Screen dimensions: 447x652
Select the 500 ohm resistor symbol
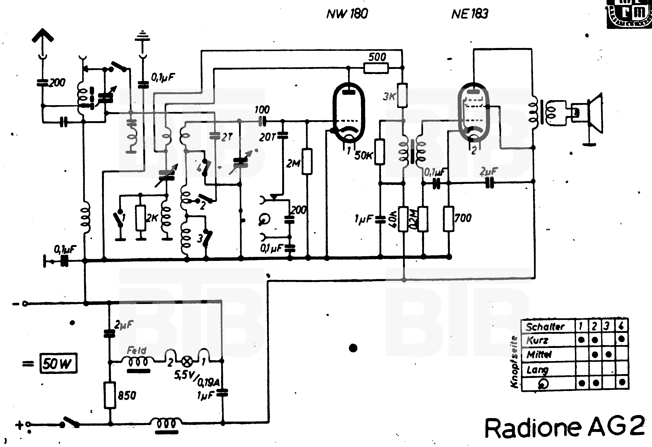pyautogui.click(x=376, y=68)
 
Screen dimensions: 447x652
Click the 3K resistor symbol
pyautogui.click(x=402, y=95)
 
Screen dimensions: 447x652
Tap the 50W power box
pyautogui.click(x=58, y=363)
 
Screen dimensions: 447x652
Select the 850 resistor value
pyautogui.click(x=127, y=395)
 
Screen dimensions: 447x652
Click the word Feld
pyautogui.click(x=137, y=350)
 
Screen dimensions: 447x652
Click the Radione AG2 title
pyautogui.click(x=564, y=428)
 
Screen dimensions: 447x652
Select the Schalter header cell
pyautogui.click(x=545, y=327)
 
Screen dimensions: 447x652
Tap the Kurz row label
pyautogui.click(x=537, y=340)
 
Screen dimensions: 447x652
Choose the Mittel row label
pyautogui.click(x=539, y=355)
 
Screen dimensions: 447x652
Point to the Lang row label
pyautogui.click(x=537, y=370)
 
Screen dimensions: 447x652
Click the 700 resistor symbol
pyautogui.click(x=448, y=219)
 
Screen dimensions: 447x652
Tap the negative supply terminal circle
pyautogui.click(x=25, y=304)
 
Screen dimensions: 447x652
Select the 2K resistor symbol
pyautogui.click(x=140, y=218)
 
